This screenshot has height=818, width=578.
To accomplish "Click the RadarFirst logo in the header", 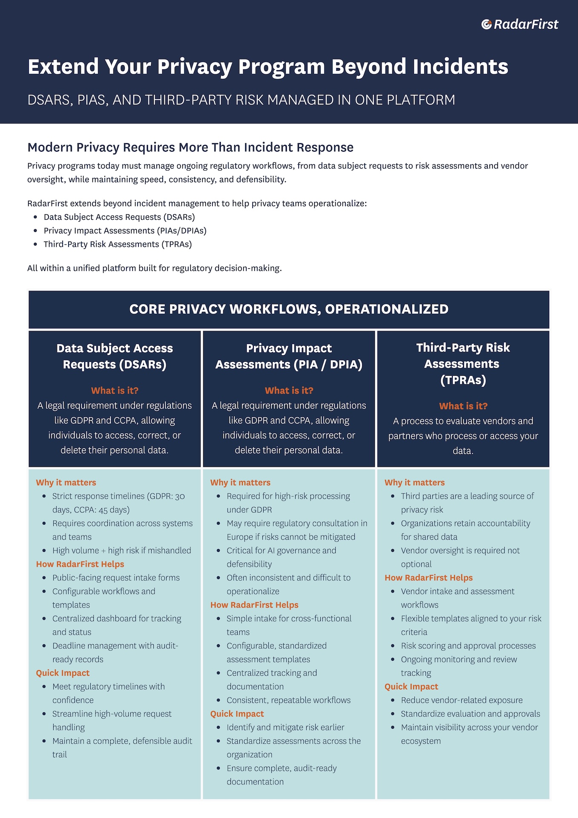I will (520, 25).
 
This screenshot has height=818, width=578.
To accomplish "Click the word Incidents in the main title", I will (460, 67).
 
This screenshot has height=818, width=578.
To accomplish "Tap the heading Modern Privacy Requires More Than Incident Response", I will (190, 147).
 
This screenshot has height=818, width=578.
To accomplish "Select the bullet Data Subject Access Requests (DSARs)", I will (119, 217).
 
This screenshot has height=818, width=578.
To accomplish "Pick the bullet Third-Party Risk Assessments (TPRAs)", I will (118, 244).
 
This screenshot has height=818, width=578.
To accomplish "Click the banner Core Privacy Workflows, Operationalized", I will (289, 309).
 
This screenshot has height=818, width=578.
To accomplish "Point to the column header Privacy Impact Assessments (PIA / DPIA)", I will (289, 356).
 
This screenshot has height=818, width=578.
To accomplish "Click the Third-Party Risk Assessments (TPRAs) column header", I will (463, 363).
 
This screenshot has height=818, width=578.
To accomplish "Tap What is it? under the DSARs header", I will (115, 390).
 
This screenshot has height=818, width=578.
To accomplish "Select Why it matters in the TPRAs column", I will (414, 482).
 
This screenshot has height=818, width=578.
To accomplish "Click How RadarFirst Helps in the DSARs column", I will (80, 564).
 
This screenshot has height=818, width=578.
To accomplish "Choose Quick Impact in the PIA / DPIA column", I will (237, 714).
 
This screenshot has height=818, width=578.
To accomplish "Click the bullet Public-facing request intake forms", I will (116, 578).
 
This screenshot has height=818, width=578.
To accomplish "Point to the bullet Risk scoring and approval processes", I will (468, 645).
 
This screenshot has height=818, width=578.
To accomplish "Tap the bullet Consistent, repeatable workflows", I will (288, 700).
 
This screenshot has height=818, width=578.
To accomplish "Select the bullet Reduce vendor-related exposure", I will (462, 700).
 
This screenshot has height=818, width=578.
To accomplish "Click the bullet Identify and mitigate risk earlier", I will (285, 727).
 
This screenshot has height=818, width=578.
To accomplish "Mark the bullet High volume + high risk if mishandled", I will (121, 550).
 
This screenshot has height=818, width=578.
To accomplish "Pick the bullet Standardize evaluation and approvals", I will (470, 714).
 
